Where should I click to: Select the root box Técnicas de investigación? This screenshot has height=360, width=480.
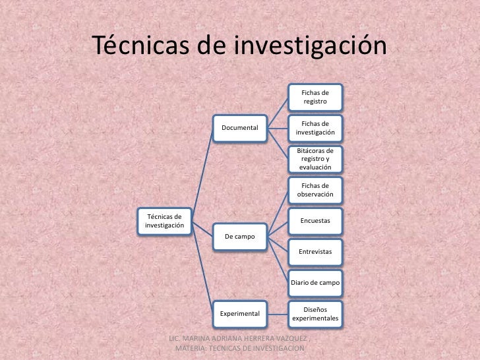click(164, 221)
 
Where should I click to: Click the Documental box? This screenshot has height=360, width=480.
click(239, 126)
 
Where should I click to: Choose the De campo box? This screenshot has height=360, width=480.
click(239, 236)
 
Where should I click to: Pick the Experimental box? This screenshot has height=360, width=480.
click(239, 313)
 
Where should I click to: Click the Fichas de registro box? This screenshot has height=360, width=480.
click(315, 98)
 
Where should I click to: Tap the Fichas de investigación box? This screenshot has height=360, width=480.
click(315, 129)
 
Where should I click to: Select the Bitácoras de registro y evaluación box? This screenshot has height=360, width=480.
click(315, 159)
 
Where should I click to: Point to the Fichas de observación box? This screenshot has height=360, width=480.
click(315, 190)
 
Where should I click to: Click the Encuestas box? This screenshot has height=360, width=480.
click(315, 221)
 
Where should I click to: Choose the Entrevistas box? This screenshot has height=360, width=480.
click(315, 252)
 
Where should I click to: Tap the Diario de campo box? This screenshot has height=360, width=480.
click(315, 282)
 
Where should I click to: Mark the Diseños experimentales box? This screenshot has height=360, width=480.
click(315, 313)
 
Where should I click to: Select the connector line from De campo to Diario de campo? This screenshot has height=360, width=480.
click(278, 260)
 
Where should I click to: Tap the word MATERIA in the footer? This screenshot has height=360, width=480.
click(191, 347)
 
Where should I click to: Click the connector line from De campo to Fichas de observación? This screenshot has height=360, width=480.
click(278, 212)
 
